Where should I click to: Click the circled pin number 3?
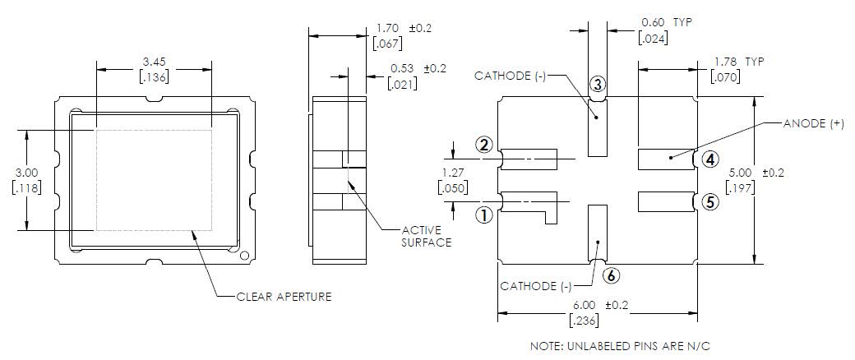click(598, 84)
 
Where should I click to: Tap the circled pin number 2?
click(485, 145)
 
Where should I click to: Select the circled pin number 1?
click(485, 215)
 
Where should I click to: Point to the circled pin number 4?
click(710, 159)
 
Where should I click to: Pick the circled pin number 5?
click(710, 201)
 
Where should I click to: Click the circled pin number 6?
click(611, 275)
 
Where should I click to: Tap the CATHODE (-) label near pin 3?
click(511, 76)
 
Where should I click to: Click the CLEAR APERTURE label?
click(284, 296)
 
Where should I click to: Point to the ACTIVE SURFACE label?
click(427, 236)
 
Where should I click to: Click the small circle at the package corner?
click(243, 256)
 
